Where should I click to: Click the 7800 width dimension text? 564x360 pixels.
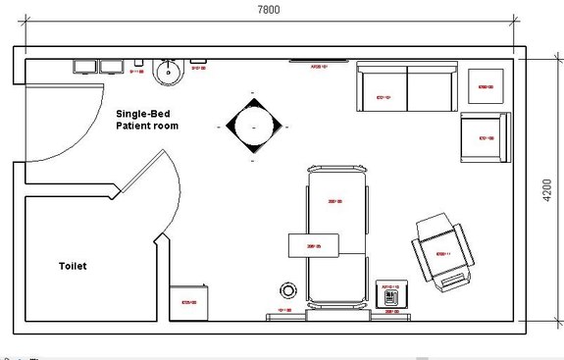pyautogui.click(x=269, y=9)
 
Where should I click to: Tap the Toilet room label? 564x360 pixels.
pyautogui.click(x=74, y=266)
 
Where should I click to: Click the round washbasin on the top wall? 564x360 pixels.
pyautogui.click(x=170, y=70)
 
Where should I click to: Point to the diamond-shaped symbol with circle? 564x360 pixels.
pyautogui.click(x=253, y=127)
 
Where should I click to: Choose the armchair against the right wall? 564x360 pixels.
pyautogui.click(x=485, y=137)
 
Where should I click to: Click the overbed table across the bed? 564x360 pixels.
pyautogui.click(x=313, y=245)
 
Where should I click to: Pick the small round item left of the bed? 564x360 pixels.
pyautogui.click(x=289, y=290)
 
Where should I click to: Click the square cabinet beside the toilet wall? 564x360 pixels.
pyautogui.click(x=189, y=301)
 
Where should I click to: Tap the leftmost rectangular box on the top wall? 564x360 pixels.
pyautogui.click(x=83, y=67)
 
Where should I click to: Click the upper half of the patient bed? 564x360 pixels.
pyautogui.click(x=337, y=201)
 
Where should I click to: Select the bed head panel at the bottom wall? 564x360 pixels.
pyautogui.click(x=337, y=315)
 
